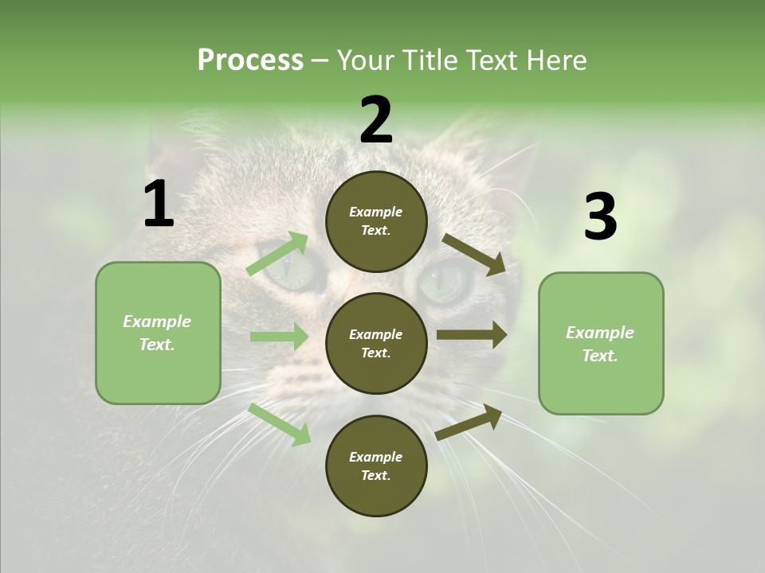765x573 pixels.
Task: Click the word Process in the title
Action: click(250, 60)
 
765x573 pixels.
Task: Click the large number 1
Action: click(159, 205)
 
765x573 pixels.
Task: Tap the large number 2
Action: click(376, 120)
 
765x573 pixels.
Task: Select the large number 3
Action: click(600, 217)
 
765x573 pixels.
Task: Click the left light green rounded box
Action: click(158, 333)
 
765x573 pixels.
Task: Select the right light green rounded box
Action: click(601, 343)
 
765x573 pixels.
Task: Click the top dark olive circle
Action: click(376, 221)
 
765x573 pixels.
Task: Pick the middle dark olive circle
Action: click(376, 343)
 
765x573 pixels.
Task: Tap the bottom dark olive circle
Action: click(376, 466)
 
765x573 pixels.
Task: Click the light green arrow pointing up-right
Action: click(277, 254)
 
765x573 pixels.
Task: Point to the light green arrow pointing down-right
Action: click(279, 423)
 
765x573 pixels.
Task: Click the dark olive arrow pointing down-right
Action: click(474, 254)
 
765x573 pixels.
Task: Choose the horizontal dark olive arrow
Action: click(472, 335)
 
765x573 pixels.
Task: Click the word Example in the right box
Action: click(600, 333)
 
